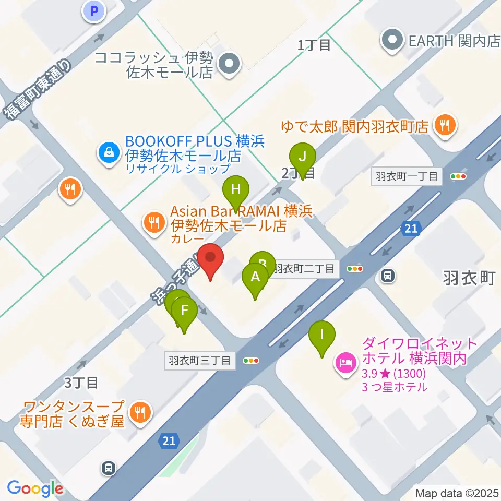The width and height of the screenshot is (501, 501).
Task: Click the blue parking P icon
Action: tap(94, 11)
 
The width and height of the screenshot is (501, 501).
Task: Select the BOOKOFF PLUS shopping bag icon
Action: tap(108, 153)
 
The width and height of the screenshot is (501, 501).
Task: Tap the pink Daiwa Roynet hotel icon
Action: tap(345, 360)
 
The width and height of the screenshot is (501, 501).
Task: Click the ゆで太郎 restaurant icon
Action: tap(445, 125)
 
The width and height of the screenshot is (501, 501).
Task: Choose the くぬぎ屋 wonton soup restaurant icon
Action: tap(139, 412)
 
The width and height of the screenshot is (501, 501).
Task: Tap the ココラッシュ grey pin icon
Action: tap(228, 65)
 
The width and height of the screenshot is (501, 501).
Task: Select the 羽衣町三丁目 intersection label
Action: tap(200, 360)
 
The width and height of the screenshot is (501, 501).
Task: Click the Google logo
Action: tap(35, 488)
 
